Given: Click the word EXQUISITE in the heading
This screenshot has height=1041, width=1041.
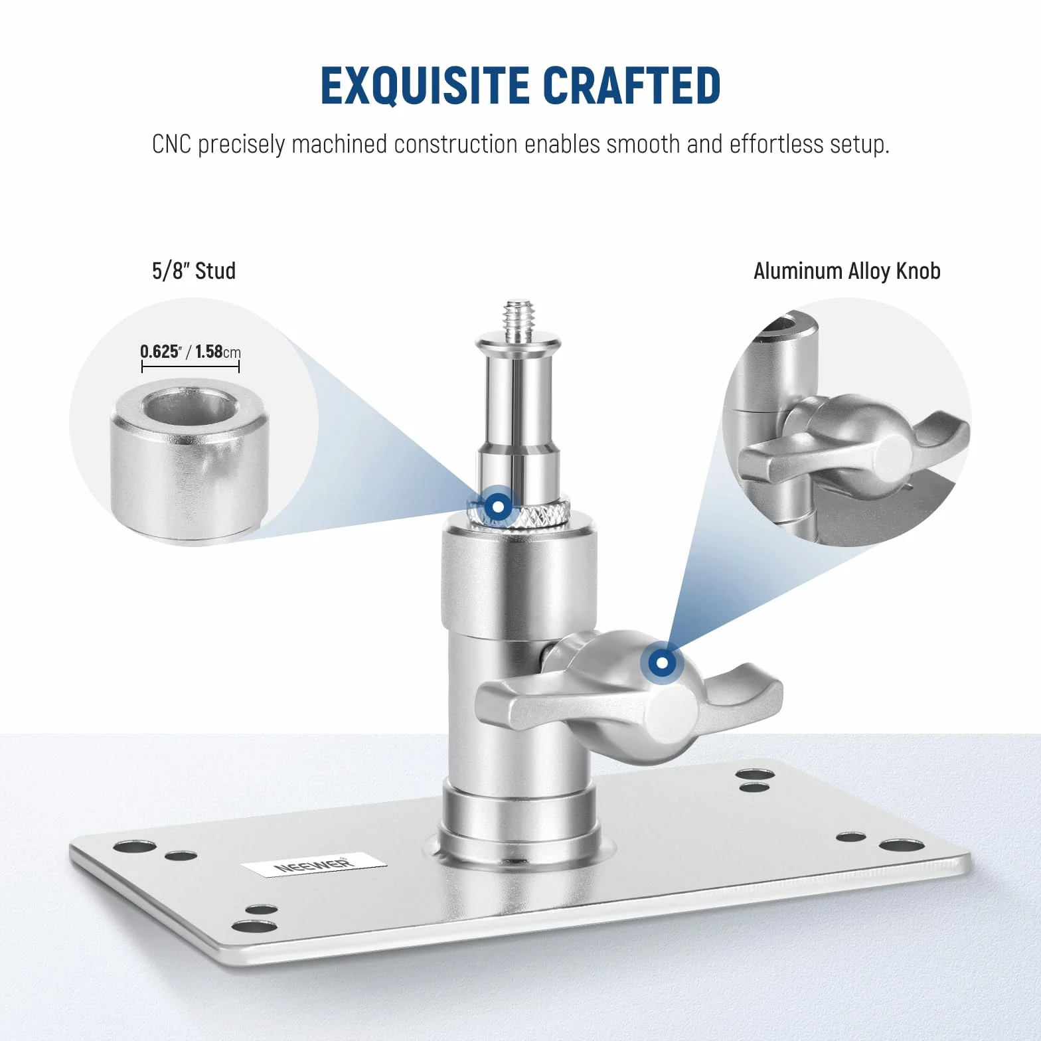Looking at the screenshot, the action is coord(425,86).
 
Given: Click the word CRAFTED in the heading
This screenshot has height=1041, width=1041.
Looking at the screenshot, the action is coord(631,86).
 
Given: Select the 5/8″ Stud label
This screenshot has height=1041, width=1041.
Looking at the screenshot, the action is coord(194,271).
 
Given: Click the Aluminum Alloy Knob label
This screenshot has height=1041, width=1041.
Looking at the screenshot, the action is coord(846,271).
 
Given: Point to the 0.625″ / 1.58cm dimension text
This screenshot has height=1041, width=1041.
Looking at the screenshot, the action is coord(190,351).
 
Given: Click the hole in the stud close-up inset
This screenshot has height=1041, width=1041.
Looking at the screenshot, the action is coord(191,406).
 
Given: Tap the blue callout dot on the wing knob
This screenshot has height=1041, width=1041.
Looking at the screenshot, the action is coord(662,663).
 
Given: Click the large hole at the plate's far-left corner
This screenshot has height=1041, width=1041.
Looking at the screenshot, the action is coord(135,846).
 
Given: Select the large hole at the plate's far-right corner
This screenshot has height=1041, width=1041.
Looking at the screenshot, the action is coord(902,845).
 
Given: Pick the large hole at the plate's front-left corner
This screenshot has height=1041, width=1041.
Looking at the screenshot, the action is coord(254,926).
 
